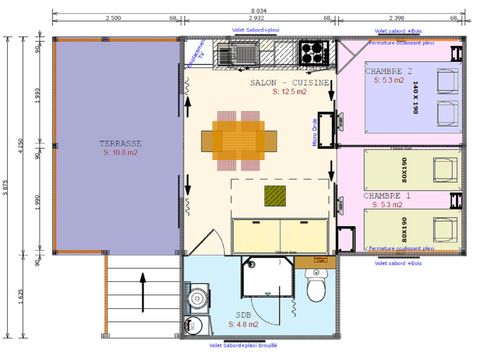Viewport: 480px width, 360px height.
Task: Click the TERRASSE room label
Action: (119, 142)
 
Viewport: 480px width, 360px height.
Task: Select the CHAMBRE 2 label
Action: (394, 71)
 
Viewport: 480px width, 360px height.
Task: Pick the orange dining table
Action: (237, 137)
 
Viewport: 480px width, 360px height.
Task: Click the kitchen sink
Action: (237, 51)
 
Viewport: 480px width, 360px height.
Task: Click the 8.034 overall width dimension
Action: (258, 10)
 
